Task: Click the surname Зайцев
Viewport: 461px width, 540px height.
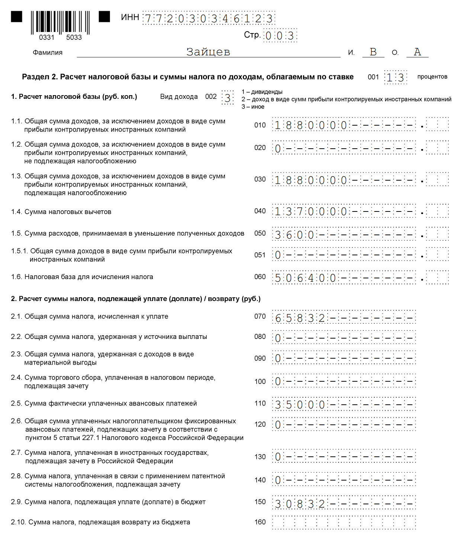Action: (208, 52)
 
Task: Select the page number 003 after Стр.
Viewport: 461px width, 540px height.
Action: (280, 36)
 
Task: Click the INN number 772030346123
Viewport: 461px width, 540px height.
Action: (209, 19)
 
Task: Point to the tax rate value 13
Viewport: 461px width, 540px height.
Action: (395, 78)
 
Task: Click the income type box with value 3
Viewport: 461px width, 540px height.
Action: (228, 98)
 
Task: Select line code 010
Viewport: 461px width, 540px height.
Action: (260, 125)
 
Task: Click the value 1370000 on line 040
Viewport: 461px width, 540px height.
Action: (311, 212)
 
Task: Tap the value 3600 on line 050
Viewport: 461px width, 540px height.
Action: (294, 235)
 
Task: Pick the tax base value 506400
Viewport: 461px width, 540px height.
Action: (305, 278)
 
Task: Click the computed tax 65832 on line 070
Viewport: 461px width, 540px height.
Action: (300, 318)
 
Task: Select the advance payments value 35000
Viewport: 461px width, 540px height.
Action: (300, 405)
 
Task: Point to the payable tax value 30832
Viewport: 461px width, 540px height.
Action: (300, 504)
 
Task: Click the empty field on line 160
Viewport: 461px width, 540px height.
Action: (344, 523)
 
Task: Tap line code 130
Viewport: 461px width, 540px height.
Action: (260, 457)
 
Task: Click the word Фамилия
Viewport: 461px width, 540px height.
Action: (48, 53)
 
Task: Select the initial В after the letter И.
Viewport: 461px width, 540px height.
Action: (373, 52)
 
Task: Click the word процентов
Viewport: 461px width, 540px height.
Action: (432, 77)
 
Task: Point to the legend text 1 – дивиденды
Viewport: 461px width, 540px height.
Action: (262, 92)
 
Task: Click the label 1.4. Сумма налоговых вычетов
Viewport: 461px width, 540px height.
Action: (61, 212)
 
